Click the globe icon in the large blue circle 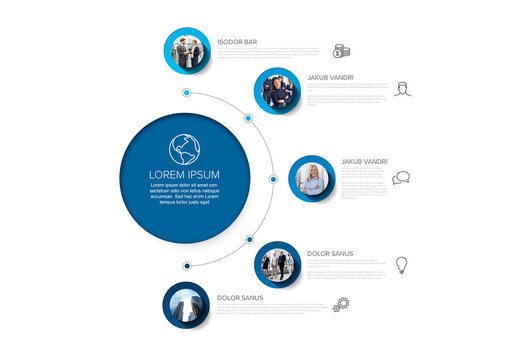184,150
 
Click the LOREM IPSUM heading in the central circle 184,175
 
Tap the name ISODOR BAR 237,42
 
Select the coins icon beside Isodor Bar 342,51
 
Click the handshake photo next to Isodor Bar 187,51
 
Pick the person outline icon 402,89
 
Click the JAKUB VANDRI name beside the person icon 330,76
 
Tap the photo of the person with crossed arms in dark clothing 278,92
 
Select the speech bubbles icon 401,178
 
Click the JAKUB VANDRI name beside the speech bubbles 364,161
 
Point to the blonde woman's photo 313,179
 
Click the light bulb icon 401,265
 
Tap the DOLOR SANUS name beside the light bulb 330,254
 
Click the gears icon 342,304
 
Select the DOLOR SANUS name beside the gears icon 240,297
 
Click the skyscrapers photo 187,306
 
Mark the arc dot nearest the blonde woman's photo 273,179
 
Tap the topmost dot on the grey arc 187,93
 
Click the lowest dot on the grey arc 187,266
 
